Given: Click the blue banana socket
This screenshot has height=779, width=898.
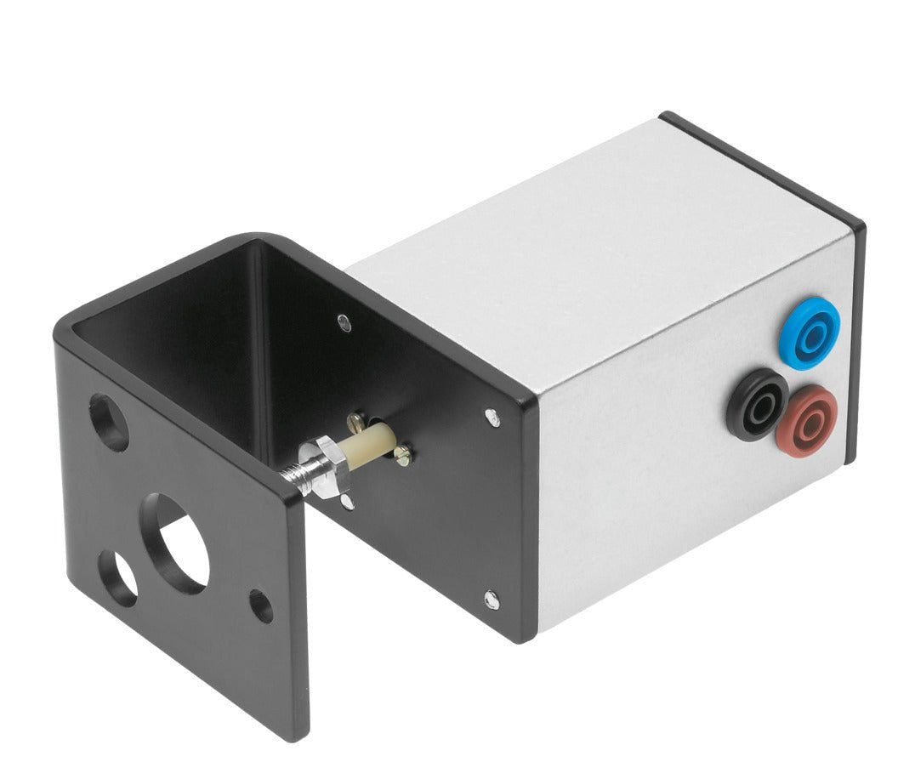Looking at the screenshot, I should click(x=809, y=332).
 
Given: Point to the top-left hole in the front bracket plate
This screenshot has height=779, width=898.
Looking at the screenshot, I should click(x=109, y=422).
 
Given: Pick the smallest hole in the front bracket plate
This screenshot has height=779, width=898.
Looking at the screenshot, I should click(x=261, y=606).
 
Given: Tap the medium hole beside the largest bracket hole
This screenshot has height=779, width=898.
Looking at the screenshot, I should click(x=118, y=573).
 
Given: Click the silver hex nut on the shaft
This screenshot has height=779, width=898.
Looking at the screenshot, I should click(x=325, y=466).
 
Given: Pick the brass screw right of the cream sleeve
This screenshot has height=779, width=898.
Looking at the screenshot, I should click(x=402, y=457).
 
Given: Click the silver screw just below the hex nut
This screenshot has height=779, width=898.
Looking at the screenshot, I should click(x=347, y=503).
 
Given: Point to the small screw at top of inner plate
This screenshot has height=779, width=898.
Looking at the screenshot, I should click(x=343, y=321).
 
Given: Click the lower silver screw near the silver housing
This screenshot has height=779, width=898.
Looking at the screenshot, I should click(x=492, y=600).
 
